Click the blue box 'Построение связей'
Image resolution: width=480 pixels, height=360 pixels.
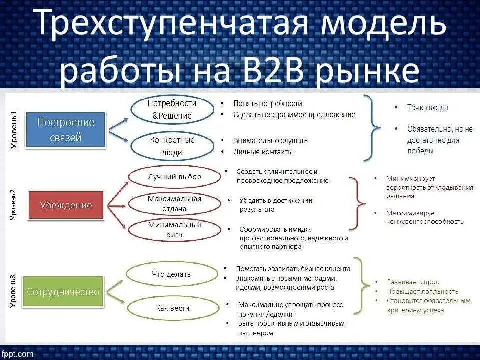point(66,129)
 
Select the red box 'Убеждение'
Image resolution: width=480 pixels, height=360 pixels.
point(66,205)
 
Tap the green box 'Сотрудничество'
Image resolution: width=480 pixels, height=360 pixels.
point(63,292)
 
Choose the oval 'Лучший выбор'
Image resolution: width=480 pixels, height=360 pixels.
point(174,177)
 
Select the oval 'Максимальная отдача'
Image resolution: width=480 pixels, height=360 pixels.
point(174,204)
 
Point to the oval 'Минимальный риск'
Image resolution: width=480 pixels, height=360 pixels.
point(174,230)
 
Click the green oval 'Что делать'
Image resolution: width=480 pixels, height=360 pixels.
point(171,274)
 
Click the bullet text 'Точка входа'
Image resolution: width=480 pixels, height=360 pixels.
point(427,107)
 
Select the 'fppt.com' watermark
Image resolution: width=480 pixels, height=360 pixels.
point(17,353)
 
